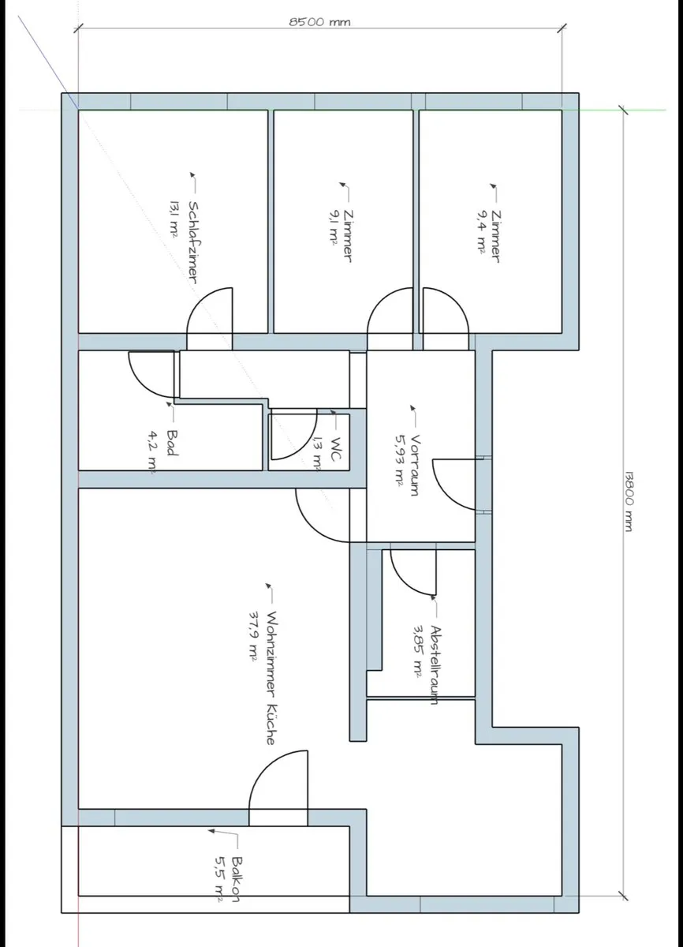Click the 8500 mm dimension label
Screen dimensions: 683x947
[x=319, y=21]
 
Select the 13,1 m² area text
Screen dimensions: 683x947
[x=174, y=219]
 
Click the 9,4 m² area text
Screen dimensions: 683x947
[x=481, y=233]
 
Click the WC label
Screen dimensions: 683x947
[x=336, y=450]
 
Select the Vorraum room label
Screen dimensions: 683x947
[x=416, y=465]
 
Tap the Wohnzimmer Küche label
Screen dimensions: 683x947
[x=271, y=678]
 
